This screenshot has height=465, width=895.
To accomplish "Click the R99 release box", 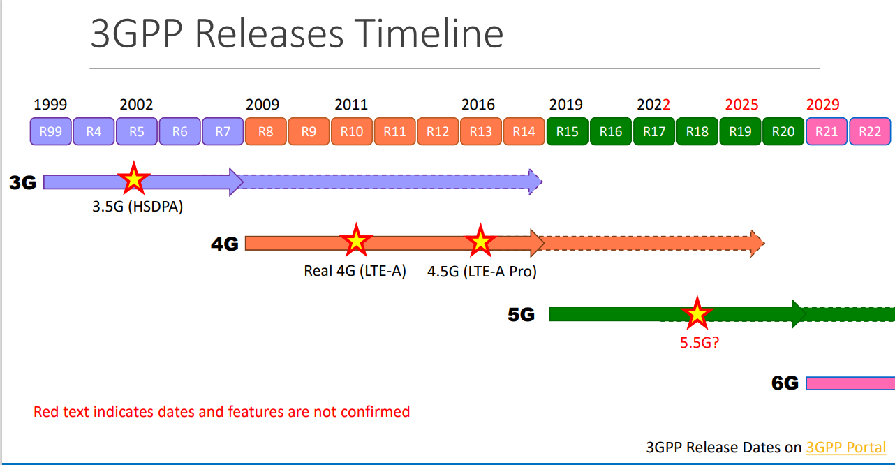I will coord(50,131).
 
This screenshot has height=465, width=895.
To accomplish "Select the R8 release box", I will coord(266,131).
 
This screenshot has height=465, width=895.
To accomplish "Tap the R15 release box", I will coord(568,131).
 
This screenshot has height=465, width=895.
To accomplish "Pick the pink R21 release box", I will coord(827,131).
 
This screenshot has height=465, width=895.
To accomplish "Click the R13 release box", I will coord(481,131).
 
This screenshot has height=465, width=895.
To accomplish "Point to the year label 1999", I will coord(50,105).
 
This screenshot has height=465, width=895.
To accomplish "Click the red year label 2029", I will coord(823,105).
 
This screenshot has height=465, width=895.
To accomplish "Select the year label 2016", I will coord(478,105).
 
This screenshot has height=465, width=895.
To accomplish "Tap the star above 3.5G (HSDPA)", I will coord(133,179).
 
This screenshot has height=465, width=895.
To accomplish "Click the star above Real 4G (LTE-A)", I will coord(356,241).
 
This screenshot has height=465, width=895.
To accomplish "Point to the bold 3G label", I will coord(22,183).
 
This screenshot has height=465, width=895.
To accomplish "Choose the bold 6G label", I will coord(785,383).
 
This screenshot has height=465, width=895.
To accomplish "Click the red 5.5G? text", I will coord(700,343).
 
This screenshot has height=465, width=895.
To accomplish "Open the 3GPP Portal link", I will coord(846,447).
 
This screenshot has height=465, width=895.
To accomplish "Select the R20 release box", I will coord(783,131).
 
